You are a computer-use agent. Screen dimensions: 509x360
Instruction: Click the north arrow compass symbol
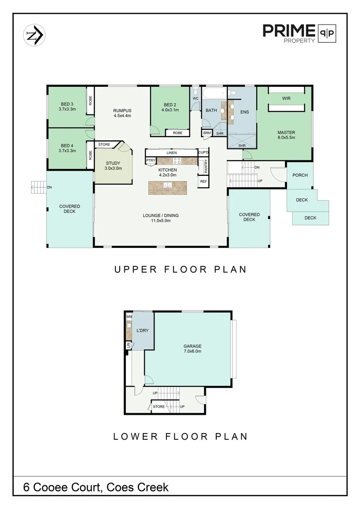click(34, 35)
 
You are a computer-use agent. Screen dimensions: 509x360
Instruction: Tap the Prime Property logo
click(299, 33)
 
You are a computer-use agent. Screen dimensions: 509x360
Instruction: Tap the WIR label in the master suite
click(286, 99)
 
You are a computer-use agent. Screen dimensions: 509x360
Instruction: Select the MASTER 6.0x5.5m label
click(286, 135)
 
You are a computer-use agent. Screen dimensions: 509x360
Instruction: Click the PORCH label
click(300, 175)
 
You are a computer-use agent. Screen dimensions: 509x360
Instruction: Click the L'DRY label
click(142, 330)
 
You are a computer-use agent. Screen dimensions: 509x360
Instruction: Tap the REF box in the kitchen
click(204, 181)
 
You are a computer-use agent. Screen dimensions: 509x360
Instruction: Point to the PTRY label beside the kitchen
click(150, 161)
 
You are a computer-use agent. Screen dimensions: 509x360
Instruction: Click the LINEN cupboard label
click(172, 153)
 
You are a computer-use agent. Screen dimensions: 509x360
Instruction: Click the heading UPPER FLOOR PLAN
click(180, 270)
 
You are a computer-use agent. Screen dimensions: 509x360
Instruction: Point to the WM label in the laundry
click(129, 317)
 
